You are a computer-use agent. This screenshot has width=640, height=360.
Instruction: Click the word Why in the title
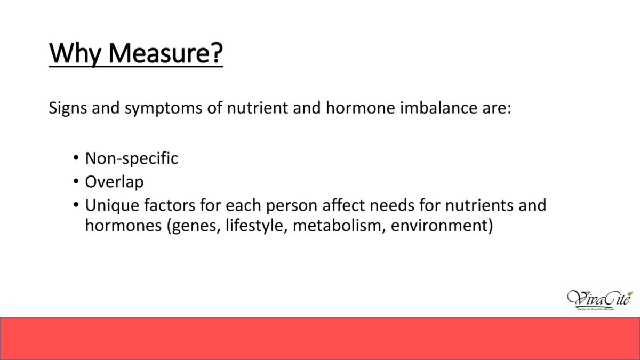point(75,53)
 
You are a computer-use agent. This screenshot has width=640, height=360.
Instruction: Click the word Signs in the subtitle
point(68,108)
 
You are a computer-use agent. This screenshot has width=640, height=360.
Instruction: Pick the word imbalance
point(438,107)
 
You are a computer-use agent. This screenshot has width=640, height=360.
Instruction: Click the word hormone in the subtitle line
point(361,107)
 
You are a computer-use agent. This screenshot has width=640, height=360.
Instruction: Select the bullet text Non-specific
point(132,158)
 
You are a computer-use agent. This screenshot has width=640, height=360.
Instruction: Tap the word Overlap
point(114,182)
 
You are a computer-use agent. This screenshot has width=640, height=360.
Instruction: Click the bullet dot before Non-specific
point(76,158)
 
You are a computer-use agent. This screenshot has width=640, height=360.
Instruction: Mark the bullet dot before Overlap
point(76,181)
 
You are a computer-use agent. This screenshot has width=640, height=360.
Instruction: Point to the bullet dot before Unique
point(76,205)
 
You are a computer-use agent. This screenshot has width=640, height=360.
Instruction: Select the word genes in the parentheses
point(196,226)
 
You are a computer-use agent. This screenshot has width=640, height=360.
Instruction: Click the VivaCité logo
point(600,300)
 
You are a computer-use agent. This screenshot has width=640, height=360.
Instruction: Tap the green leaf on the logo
point(630,294)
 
